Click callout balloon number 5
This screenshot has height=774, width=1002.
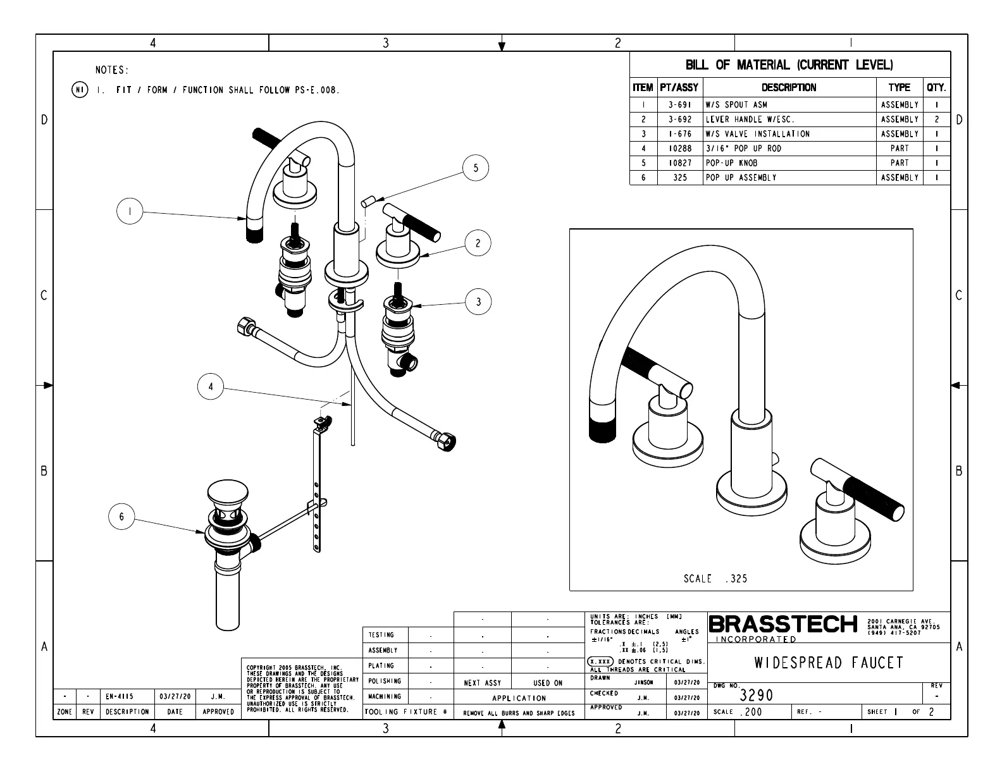[476, 168]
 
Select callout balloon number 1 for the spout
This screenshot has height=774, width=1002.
[130, 211]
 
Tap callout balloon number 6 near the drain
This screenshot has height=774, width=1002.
[121, 517]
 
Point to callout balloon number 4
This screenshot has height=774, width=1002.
[211, 386]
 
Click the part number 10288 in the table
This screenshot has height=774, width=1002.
[679, 149]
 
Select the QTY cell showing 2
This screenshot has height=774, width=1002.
[937, 120]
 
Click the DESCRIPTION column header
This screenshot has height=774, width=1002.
[789, 88]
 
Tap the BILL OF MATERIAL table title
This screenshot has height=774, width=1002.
[789, 65]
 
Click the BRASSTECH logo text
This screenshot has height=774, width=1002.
[783, 625]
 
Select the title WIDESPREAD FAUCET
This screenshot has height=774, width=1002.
[829, 663]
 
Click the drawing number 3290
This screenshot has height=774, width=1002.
[757, 696]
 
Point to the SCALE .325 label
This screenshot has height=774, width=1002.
[715, 579]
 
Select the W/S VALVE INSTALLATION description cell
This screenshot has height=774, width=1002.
[757, 134]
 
